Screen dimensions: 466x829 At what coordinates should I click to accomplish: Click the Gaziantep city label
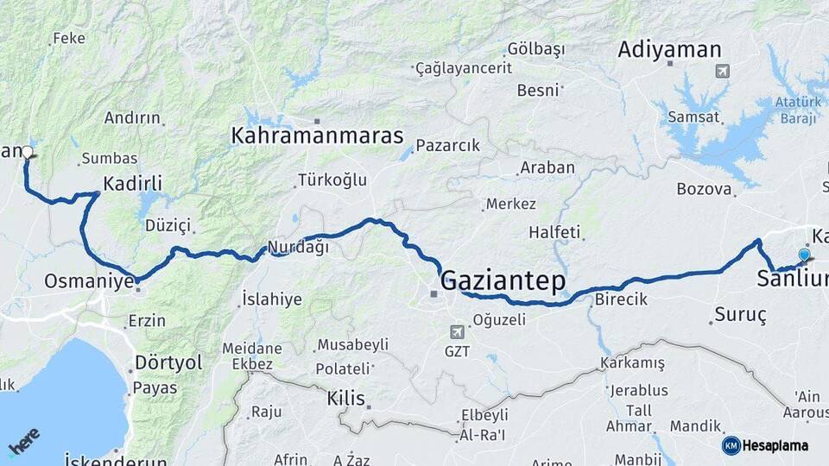point(503,280)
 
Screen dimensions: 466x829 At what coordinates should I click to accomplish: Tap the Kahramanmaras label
point(317,135)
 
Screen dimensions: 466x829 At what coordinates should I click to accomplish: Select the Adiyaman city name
point(669,49)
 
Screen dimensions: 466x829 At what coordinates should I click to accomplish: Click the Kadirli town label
point(132,183)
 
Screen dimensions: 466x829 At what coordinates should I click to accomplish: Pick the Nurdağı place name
point(298,248)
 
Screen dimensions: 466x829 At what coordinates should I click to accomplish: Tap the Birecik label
point(620,299)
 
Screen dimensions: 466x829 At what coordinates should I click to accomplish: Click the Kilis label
point(346,399)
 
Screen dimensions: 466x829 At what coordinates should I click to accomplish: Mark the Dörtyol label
point(168,362)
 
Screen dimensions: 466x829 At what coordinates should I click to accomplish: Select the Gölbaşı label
point(535,47)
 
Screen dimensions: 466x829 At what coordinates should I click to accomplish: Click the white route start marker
point(27,153)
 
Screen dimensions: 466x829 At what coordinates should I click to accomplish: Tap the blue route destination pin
point(804,255)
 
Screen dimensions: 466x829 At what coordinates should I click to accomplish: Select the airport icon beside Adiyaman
point(722,71)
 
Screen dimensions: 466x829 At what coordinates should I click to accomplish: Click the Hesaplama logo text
point(777,445)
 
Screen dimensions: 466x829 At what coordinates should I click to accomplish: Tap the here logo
point(24,443)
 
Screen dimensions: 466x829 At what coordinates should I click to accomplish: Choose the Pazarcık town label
point(447,146)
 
